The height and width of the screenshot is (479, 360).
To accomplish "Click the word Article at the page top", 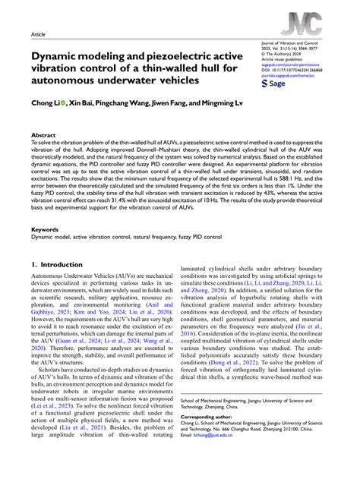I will coord(39,35).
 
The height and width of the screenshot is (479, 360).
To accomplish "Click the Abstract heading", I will coord(43,134).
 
